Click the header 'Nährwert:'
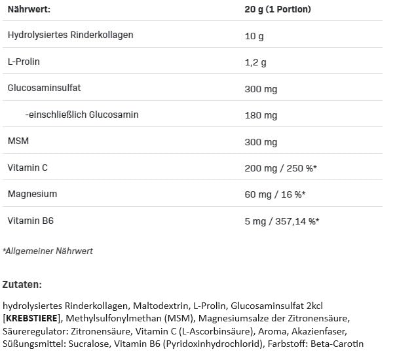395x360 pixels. coord(29,9)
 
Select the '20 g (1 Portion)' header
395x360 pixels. coord(278,9)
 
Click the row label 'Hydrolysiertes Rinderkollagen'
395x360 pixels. coord(70,35)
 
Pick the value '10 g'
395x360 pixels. coord(254,36)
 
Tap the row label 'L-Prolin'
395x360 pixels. coord(24,62)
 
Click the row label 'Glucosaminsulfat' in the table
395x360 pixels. coord(44,88)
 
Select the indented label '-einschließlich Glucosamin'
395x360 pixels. coord(82,115)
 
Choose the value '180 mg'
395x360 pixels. coord(261,116)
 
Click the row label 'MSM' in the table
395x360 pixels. coord(18,141)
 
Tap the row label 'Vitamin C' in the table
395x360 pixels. coord(28,168)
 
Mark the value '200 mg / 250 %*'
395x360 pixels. coord(280,168)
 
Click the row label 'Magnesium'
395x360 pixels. coord(32,194)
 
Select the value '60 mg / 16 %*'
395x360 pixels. coord(275,194)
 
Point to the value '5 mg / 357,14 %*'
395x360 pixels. coord(282,221)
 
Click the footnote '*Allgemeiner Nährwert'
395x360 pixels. coord(48,251)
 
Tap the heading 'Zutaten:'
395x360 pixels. coord(22,284)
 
